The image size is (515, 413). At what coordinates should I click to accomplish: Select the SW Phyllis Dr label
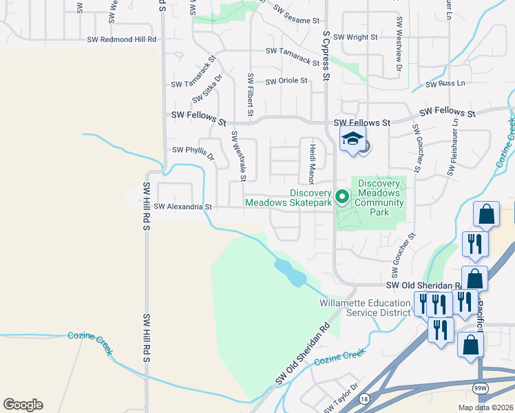coord(193,150)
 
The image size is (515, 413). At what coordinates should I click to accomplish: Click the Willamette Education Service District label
coord(365,307)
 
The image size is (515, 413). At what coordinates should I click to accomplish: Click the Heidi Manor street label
coord(312,165)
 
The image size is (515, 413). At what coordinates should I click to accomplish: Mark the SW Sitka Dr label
coord(207,88)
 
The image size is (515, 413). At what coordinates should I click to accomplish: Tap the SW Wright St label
coord(356,36)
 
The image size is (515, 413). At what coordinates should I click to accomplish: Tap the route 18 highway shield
coord(364,399)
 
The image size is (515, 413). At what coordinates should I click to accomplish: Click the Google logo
coord(23,405)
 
